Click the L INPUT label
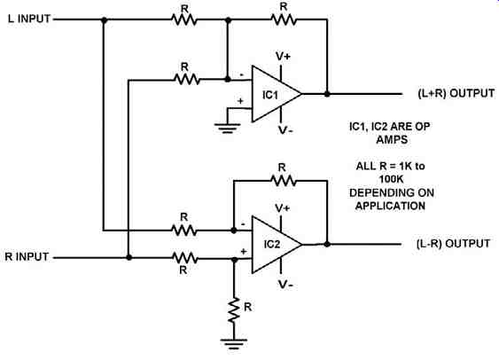(29, 19)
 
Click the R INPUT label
(27, 256)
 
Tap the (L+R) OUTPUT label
(456, 94)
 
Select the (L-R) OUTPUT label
(453, 244)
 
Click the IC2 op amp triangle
(276, 245)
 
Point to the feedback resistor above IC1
(284, 20)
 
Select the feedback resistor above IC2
(284, 181)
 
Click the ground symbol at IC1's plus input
(227, 128)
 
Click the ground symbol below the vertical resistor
(234, 344)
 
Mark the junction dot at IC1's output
(327, 94)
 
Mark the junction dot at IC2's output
(327, 244)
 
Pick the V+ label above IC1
(283, 57)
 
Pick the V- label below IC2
(285, 285)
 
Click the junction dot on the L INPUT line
(104, 20)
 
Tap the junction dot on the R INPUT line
(129, 257)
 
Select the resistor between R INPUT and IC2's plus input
(184, 257)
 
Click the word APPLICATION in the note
(391, 206)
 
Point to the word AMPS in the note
(392, 139)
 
